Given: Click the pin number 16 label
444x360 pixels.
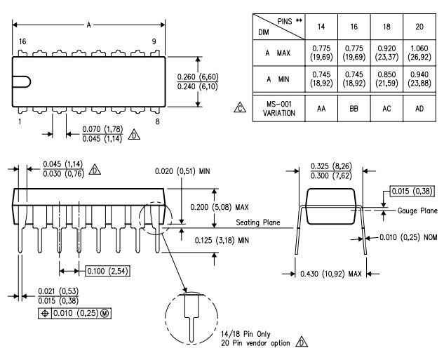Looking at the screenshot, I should [22, 42].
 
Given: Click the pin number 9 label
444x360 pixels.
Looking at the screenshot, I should [154, 42].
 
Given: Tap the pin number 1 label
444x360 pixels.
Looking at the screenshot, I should [20, 121].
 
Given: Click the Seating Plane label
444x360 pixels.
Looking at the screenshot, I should [258, 223].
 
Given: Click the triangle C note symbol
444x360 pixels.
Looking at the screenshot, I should [240, 109].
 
